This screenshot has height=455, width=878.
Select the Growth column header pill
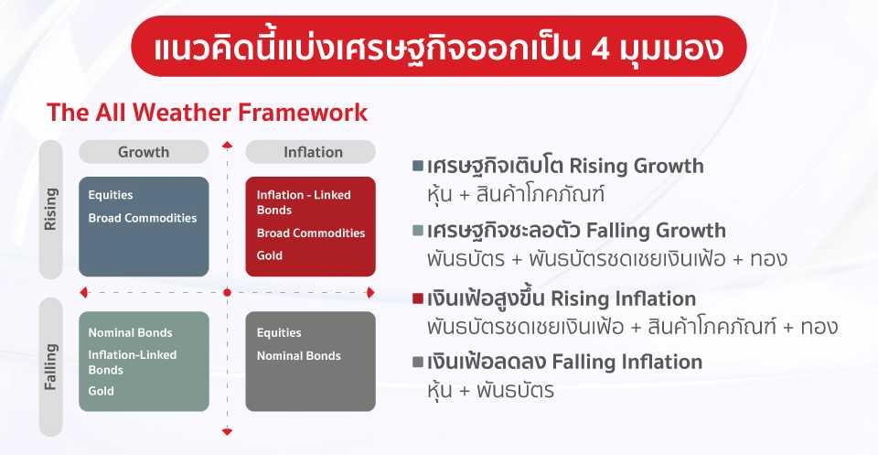tap(144, 152)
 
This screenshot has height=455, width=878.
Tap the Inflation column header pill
tap(311, 152)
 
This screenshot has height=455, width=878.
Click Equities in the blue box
tap(111, 195)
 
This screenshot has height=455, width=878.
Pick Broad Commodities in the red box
tap(311, 233)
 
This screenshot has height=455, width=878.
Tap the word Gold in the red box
tap(269, 255)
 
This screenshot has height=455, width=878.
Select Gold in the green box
tap(101, 391)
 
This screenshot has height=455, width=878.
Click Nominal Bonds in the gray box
tap(299, 355)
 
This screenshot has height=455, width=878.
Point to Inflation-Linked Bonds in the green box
tap(132, 362)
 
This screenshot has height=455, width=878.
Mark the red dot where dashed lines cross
tap(227, 292)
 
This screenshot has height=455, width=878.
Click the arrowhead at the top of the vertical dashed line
tap(227, 145)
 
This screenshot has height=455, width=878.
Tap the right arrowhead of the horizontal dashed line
tap(370, 292)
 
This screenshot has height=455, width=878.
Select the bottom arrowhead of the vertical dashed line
tap(227, 431)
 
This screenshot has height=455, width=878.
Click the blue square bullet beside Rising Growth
tap(417, 166)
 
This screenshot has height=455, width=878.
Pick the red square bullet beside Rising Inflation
tap(417, 298)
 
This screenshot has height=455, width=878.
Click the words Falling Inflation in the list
tap(627, 362)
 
